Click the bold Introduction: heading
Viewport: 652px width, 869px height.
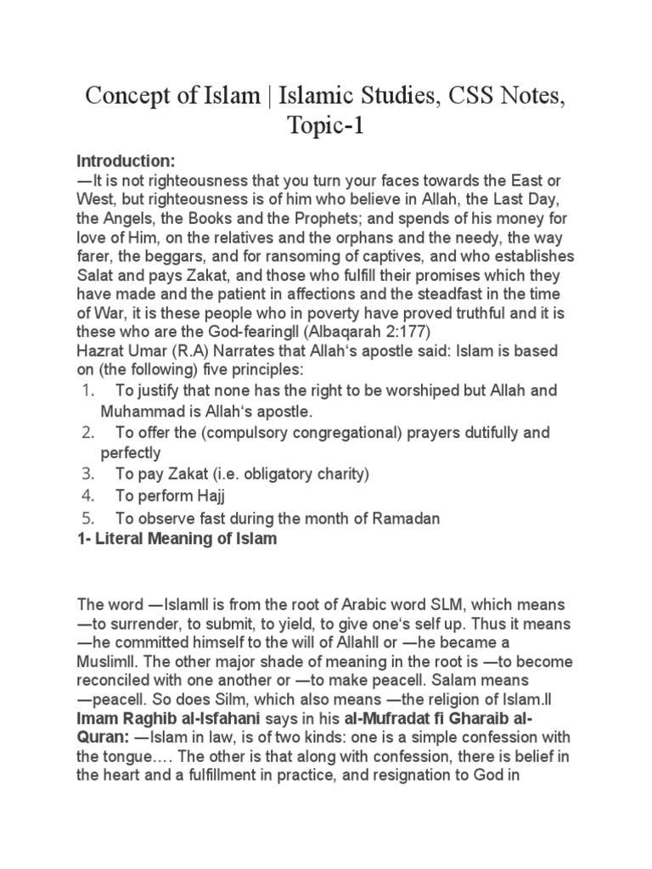(126, 161)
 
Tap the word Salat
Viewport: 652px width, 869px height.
(95, 275)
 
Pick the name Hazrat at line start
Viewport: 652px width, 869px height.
(99, 350)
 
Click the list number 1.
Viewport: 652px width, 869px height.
(87, 391)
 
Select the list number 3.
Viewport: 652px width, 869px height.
(87, 474)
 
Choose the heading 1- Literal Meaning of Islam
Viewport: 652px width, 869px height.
(177, 539)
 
